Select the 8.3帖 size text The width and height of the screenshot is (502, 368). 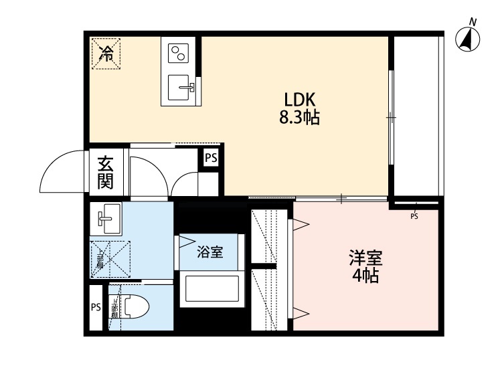[299, 118]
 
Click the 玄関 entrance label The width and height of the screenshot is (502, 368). [105, 171]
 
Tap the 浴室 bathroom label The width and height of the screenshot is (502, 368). [209, 252]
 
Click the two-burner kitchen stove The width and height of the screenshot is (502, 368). [178, 54]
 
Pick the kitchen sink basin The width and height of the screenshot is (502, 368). [180, 86]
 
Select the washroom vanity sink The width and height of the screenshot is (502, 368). [106, 218]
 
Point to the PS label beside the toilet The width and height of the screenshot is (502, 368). [96, 308]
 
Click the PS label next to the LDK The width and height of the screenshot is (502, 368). [211, 158]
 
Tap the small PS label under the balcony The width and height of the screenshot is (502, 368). [414, 216]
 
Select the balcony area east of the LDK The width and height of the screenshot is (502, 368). [416, 114]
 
